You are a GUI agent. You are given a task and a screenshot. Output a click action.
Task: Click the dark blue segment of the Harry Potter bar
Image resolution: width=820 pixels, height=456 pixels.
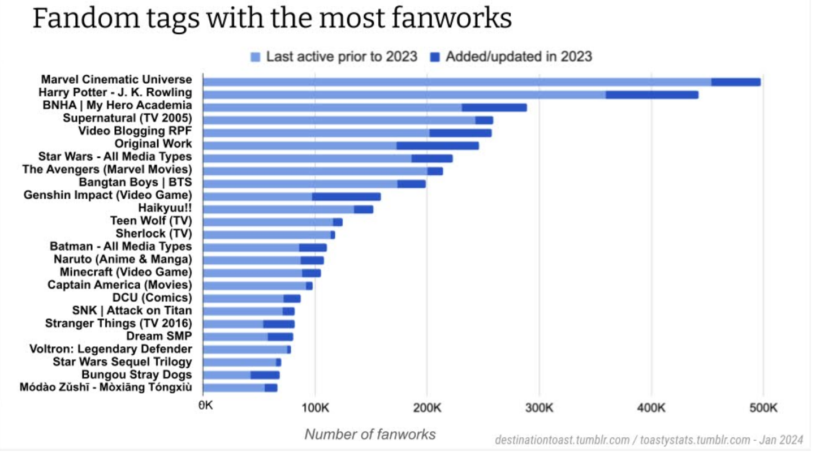click(652, 94)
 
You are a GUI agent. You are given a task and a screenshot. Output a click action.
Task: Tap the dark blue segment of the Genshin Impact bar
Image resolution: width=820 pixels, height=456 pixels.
click(346, 196)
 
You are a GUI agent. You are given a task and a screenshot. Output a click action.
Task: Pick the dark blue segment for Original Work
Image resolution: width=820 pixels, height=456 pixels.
click(438, 145)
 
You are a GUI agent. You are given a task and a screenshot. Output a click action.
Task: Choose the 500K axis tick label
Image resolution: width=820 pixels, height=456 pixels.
click(763, 408)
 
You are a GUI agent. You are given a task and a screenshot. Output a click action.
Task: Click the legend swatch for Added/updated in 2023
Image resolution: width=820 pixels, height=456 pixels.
click(435, 57)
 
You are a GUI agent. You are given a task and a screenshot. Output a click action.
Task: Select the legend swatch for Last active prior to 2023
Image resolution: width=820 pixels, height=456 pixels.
click(256, 57)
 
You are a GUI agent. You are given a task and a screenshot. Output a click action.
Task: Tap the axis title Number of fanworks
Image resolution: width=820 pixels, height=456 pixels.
click(370, 434)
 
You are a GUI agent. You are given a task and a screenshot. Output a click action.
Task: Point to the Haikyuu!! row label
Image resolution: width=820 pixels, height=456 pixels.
click(165, 208)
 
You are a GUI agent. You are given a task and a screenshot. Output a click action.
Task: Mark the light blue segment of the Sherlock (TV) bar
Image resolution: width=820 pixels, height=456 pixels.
click(266, 234)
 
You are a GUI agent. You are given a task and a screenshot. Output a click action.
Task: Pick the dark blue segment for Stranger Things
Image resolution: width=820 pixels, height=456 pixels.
click(279, 324)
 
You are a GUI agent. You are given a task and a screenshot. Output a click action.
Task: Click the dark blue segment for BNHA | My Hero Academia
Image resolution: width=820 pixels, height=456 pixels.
click(494, 107)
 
